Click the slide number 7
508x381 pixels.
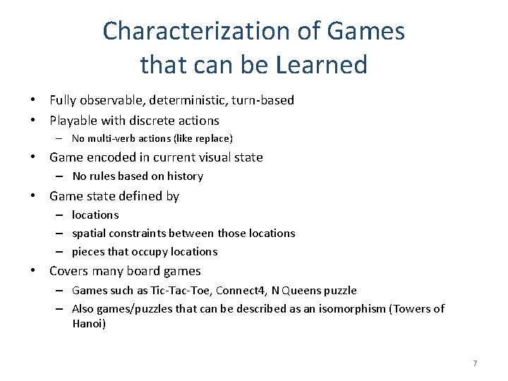point(475,363)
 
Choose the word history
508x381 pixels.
point(183,176)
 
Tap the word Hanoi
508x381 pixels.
point(88,324)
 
